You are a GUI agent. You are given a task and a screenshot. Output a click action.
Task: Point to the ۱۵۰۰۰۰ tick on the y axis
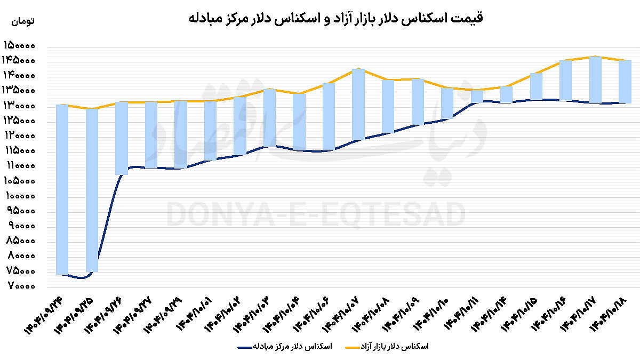19,46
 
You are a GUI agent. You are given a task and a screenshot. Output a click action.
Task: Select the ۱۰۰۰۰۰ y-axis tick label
19,196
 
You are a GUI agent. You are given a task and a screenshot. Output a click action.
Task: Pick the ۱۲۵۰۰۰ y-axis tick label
19,121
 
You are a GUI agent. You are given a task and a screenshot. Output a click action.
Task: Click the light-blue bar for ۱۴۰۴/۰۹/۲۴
62,189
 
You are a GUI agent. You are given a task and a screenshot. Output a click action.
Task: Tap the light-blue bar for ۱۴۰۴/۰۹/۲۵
92,189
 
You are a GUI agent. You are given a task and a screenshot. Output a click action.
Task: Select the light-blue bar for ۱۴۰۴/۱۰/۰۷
358,104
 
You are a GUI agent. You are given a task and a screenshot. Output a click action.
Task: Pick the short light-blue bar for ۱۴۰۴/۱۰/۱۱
477,95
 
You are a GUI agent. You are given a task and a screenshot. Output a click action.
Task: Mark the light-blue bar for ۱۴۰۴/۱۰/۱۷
595,79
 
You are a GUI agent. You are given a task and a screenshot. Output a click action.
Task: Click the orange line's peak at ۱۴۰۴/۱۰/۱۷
595,57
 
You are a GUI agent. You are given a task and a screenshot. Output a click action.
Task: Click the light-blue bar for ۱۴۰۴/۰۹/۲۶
121,138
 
